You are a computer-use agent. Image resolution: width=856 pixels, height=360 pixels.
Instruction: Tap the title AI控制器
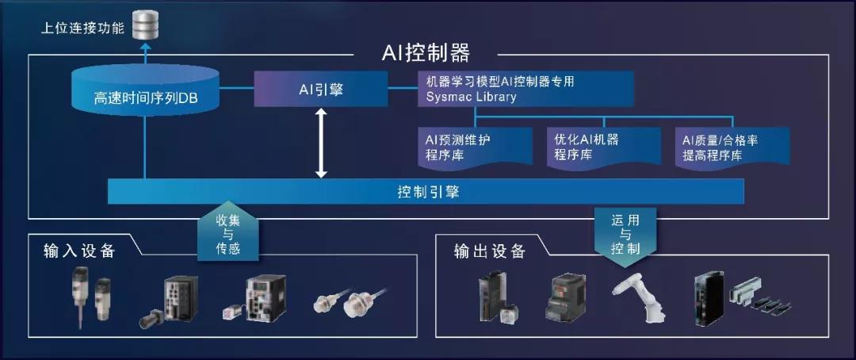pos(426,54)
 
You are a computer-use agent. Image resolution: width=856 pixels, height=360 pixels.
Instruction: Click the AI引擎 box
pos(320,89)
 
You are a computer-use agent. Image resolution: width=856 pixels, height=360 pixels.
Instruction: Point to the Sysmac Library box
pos(525,89)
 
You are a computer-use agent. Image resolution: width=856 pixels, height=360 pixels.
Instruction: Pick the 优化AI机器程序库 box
pos(604,146)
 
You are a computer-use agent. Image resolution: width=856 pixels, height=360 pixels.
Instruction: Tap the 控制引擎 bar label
pos(428,192)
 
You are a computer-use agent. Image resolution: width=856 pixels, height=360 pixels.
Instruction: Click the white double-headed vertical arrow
pos(321,143)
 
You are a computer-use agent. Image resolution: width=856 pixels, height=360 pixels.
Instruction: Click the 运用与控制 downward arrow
pos(625,236)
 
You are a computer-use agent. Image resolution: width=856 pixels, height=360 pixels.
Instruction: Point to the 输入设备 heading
pos(80,251)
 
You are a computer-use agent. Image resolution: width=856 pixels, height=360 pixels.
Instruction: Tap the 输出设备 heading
pos(490,251)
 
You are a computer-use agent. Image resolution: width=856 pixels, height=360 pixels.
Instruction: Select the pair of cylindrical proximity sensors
pos(350,301)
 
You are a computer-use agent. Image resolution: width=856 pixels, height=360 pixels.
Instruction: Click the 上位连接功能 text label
pos(82,27)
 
